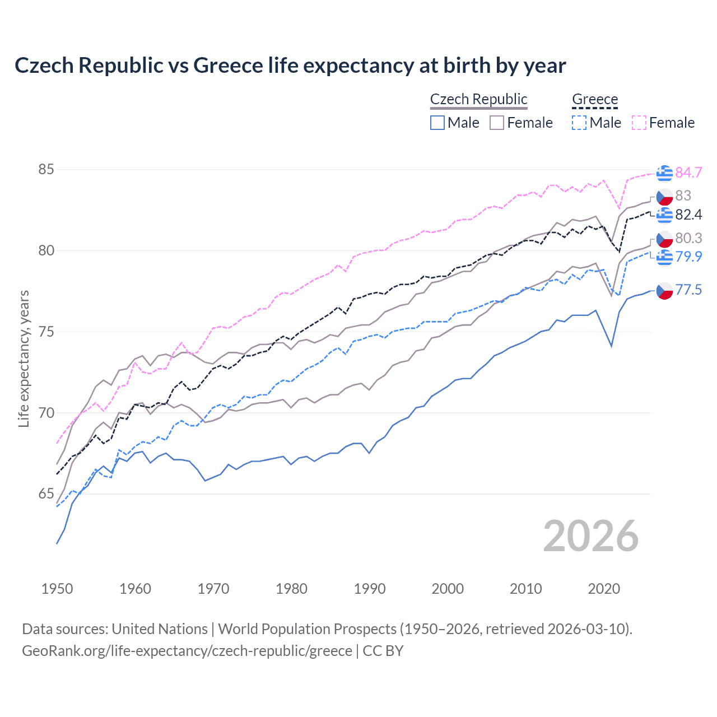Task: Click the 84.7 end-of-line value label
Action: (688, 173)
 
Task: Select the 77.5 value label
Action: (688, 290)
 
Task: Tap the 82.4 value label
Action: (688, 215)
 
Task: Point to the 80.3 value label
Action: (688, 238)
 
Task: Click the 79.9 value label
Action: (688, 257)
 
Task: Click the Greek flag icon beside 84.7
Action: (664, 173)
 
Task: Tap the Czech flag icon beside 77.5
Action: (664, 290)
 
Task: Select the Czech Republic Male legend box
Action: (437, 123)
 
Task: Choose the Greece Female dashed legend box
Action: (639, 123)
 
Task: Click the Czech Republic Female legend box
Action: (497, 123)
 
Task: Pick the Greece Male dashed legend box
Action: (579, 123)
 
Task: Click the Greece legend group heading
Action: (595, 99)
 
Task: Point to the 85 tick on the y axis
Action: (46, 169)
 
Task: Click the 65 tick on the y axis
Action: (46, 494)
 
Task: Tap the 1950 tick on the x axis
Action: (57, 589)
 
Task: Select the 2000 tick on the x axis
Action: (448, 589)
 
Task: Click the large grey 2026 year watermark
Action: (591, 537)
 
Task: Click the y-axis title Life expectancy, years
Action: (24, 358)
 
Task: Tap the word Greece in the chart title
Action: (228, 66)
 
